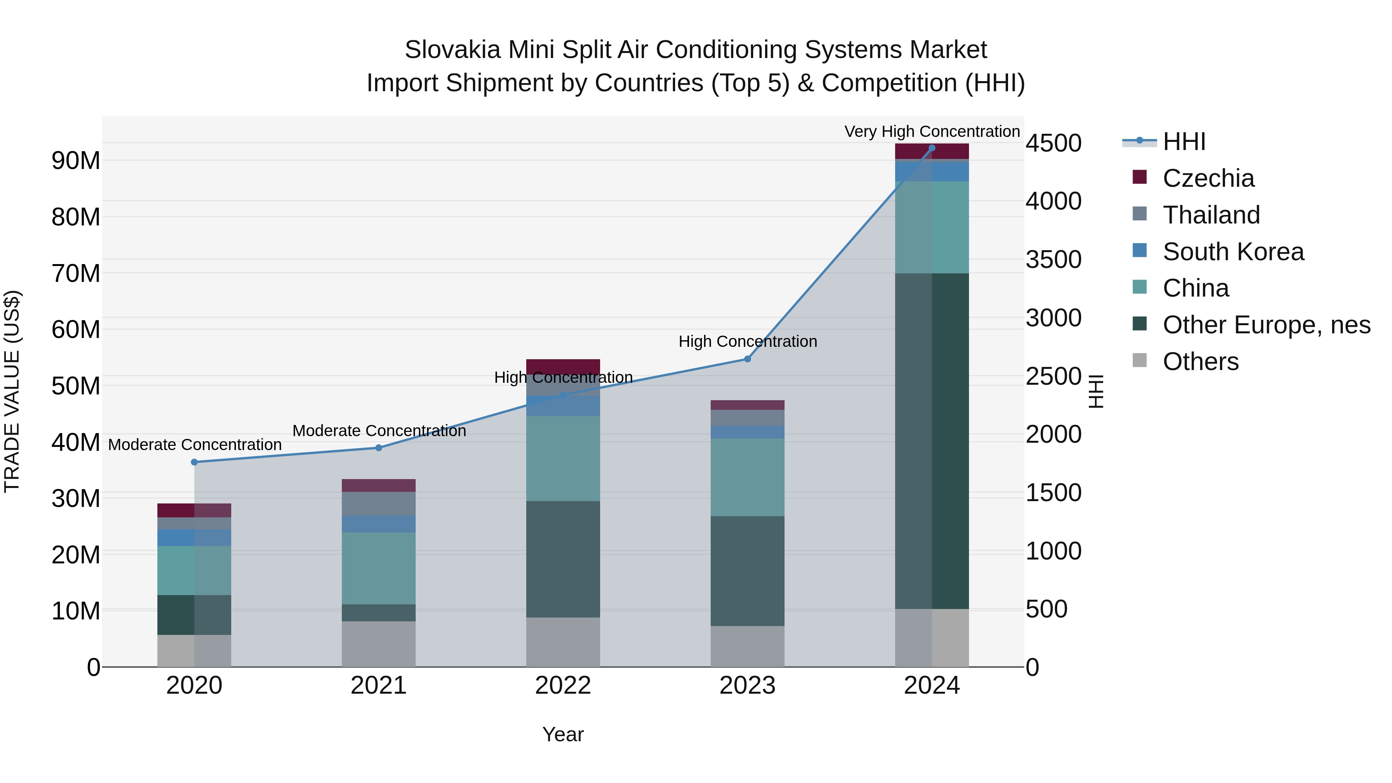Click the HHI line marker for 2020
(194, 462)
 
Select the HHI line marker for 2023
(747, 359)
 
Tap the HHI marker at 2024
(931, 148)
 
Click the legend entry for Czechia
(1208, 178)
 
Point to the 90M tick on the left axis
(76, 160)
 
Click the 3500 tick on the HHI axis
(1053, 259)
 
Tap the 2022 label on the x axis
(563, 686)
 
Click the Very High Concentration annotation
(931, 131)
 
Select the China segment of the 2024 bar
(931, 227)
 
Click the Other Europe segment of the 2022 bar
(563, 559)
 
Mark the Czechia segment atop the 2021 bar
(378, 485)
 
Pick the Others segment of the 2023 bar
(747, 646)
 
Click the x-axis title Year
(563, 734)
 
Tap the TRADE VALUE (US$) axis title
(12, 391)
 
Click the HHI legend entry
(1184, 142)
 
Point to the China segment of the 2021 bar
(378, 568)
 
